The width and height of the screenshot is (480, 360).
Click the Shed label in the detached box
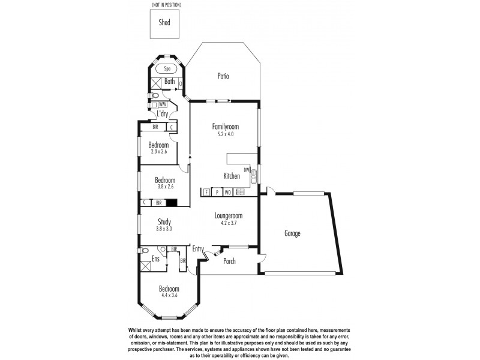tap(164, 23)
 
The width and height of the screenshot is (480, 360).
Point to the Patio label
tap(223, 76)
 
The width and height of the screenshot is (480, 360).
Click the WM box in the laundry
tap(163, 104)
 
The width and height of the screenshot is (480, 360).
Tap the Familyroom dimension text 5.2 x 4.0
tap(226, 134)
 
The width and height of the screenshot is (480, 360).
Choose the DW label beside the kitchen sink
tap(247, 170)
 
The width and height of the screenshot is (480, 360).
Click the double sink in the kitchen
tap(254, 176)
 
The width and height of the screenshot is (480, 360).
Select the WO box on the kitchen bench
tap(228, 193)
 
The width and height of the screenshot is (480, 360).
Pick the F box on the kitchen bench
tap(206, 193)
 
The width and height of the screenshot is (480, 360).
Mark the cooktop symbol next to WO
tap(239, 193)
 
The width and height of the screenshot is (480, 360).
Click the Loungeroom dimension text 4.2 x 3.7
tap(228, 223)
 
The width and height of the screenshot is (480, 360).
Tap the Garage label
tap(292, 233)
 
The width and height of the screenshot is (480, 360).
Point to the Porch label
tap(230, 262)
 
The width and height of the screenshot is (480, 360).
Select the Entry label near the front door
tap(199, 248)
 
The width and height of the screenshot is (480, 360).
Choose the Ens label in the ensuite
tap(155, 259)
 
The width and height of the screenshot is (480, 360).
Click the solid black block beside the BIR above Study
tap(172, 203)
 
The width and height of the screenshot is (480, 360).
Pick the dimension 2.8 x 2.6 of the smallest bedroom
tap(160, 152)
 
